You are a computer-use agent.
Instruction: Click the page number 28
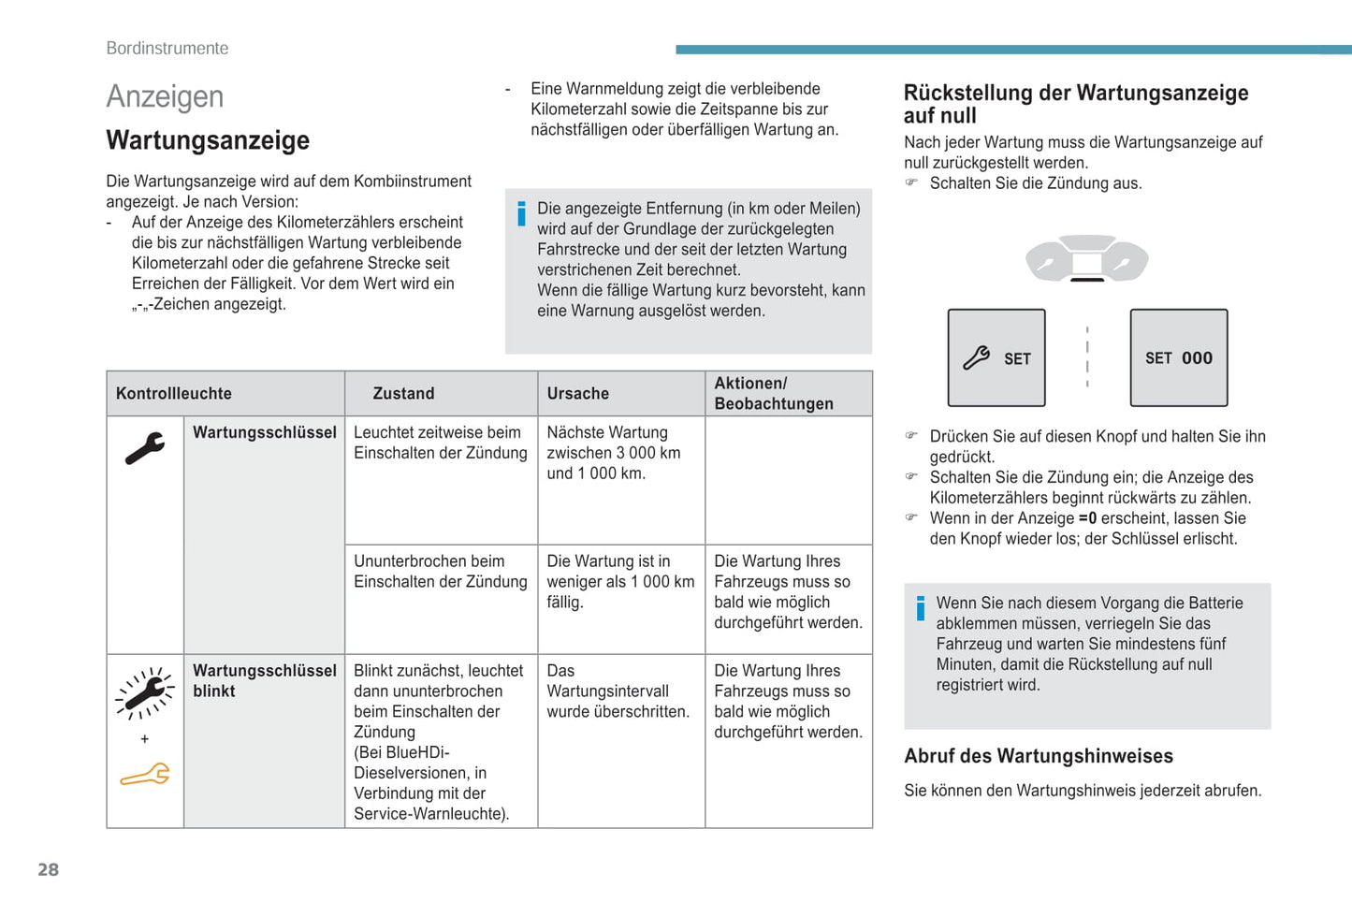(x=48, y=869)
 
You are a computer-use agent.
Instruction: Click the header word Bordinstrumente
(x=167, y=49)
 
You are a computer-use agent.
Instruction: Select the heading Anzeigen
(x=165, y=96)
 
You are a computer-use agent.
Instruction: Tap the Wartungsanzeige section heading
(x=208, y=140)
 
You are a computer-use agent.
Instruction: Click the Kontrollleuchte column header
(x=174, y=394)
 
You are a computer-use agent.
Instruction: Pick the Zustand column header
(x=403, y=394)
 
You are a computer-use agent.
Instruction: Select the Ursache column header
(x=577, y=394)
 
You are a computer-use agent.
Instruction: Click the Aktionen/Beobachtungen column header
(x=773, y=394)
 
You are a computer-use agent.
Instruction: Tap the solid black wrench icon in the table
(x=144, y=448)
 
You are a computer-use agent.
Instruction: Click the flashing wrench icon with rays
(x=144, y=693)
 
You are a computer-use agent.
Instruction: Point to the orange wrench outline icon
(x=145, y=775)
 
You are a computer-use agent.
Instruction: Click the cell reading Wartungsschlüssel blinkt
(x=264, y=681)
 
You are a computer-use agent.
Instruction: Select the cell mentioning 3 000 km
(x=614, y=453)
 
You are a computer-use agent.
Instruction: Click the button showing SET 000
(x=1178, y=358)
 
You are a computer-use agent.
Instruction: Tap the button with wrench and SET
(x=996, y=358)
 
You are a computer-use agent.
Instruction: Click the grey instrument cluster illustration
(x=1086, y=258)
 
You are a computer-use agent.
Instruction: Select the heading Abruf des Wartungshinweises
(x=1038, y=756)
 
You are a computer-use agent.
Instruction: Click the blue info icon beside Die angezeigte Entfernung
(x=521, y=214)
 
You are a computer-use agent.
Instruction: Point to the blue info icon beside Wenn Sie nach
(x=921, y=608)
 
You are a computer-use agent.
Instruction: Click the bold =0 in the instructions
(x=1087, y=518)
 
